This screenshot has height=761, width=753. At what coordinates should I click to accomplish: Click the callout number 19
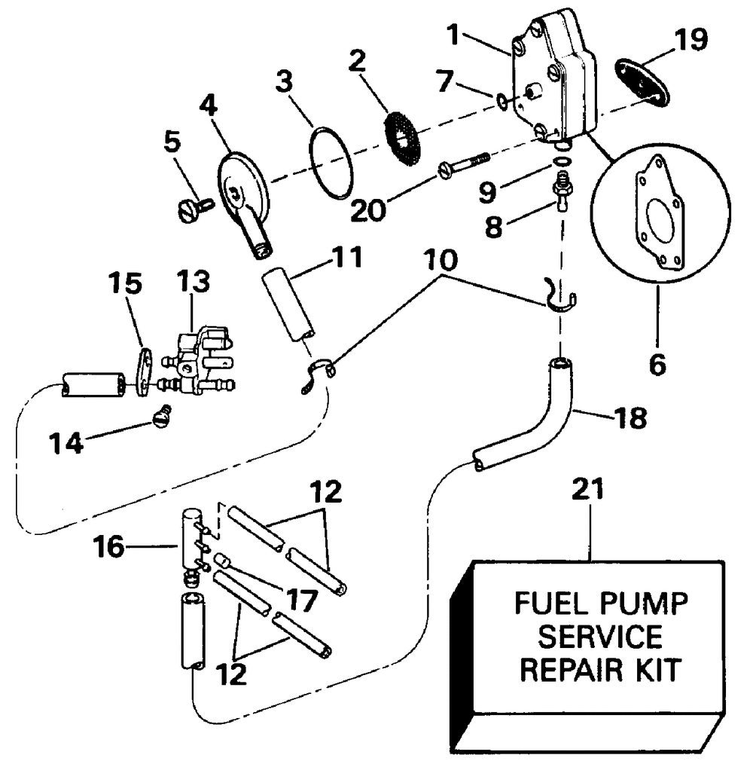coord(691,39)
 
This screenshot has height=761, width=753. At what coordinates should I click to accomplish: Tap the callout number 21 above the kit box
coord(588,489)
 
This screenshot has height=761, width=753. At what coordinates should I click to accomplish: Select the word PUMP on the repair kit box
coord(644,604)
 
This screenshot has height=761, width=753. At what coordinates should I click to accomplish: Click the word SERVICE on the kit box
coord(601,636)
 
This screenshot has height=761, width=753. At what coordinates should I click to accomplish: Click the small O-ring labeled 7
coord(502,102)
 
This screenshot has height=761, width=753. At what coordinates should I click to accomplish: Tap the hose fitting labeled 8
coord(562,192)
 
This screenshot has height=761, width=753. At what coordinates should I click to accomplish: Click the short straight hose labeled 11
coord(288,307)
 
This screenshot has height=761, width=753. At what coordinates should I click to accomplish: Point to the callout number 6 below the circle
coord(657,365)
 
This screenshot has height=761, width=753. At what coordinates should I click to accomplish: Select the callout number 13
coord(193,282)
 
